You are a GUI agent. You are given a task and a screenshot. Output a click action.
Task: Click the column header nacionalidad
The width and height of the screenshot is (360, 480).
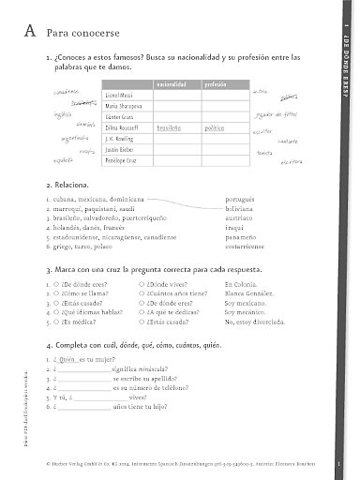[175, 84]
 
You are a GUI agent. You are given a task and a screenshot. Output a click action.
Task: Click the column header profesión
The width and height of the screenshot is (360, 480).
[216, 84]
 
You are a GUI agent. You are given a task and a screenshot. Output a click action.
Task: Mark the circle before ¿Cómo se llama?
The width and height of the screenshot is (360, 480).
[58, 292]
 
